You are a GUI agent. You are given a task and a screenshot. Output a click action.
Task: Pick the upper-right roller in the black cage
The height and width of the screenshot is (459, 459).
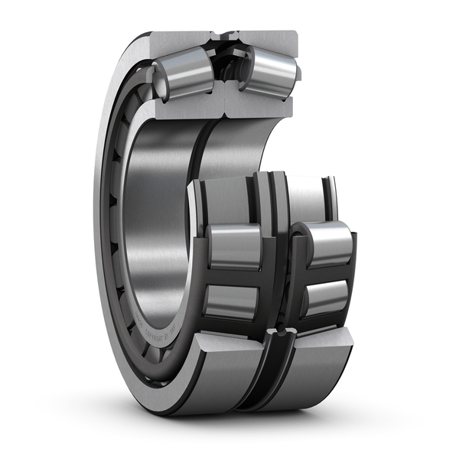[x=327, y=243]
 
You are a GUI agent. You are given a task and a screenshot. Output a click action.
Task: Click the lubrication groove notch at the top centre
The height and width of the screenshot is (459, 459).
[x=225, y=36]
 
